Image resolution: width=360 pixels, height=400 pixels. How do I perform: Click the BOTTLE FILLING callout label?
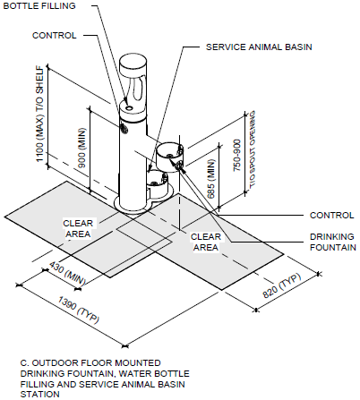pyautogui.click(x=39, y=5)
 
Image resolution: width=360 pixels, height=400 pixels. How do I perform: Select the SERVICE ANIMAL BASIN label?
pyautogui.click(x=259, y=47)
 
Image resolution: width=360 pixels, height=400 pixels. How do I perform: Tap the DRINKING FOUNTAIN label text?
pyautogui.click(x=333, y=242)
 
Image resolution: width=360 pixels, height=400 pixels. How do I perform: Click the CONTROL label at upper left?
pyautogui.click(x=55, y=36)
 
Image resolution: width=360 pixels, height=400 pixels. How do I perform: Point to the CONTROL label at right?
pyautogui.click(x=331, y=216)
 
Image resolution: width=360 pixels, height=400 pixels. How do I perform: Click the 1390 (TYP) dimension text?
pyautogui.click(x=79, y=311)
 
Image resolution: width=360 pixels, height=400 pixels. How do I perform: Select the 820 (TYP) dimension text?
pyautogui.click(x=282, y=285)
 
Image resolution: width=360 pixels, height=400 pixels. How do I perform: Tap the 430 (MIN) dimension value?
pyautogui.click(x=67, y=273)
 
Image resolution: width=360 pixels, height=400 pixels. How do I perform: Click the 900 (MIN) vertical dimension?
pyautogui.click(x=81, y=148)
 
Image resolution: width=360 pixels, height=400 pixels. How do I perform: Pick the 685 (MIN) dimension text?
pyautogui.click(x=210, y=179)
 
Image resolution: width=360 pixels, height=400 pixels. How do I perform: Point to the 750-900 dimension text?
pyautogui.click(x=236, y=155)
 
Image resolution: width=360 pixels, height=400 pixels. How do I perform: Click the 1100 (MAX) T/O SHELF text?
pyautogui.click(x=40, y=114)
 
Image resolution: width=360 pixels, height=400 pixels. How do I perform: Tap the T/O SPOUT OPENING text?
pyautogui.click(x=253, y=149)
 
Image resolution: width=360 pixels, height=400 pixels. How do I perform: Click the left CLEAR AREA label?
pyautogui.click(x=78, y=228)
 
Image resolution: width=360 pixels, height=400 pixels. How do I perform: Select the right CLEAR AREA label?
pyautogui.click(x=206, y=242)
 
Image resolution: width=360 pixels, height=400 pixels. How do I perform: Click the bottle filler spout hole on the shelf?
pyautogui.click(x=130, y=107)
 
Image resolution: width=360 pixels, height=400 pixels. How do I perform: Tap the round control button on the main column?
pyautogui.click(x=124, y=127)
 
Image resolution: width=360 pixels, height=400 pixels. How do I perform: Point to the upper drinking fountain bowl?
pyautogui.click(x=170, y=157)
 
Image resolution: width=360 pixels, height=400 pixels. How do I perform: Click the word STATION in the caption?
pyautogui.click(x=39, y=394)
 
